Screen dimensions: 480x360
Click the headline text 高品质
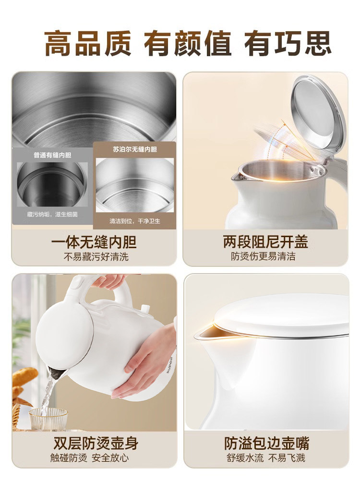click(x=88, y=44)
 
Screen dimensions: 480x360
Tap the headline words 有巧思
click(x=288, y=44)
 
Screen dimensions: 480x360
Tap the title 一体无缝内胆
click(x=94, y=241)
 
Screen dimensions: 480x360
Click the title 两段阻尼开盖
click(x=265, y=241)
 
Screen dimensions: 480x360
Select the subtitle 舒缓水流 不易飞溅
click(x=265, y=458)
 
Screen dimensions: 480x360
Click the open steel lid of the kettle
click(x=318, y=115)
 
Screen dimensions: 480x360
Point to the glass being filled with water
click(x=48, y=419)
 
